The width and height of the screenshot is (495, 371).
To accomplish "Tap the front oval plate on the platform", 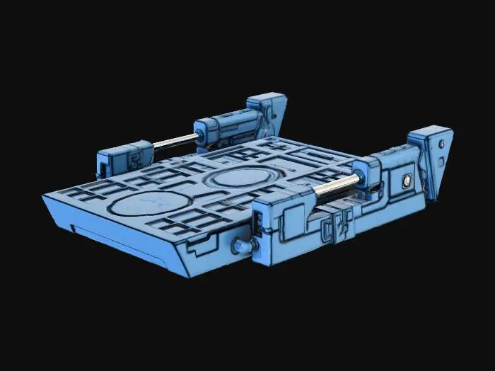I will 141,205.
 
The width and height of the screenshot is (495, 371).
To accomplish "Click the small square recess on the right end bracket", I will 443,161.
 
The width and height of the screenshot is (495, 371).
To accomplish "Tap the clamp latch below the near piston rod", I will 334,225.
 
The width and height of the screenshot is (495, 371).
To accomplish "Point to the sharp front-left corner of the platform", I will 44,196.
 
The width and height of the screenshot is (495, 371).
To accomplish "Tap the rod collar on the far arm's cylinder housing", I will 202,133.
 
